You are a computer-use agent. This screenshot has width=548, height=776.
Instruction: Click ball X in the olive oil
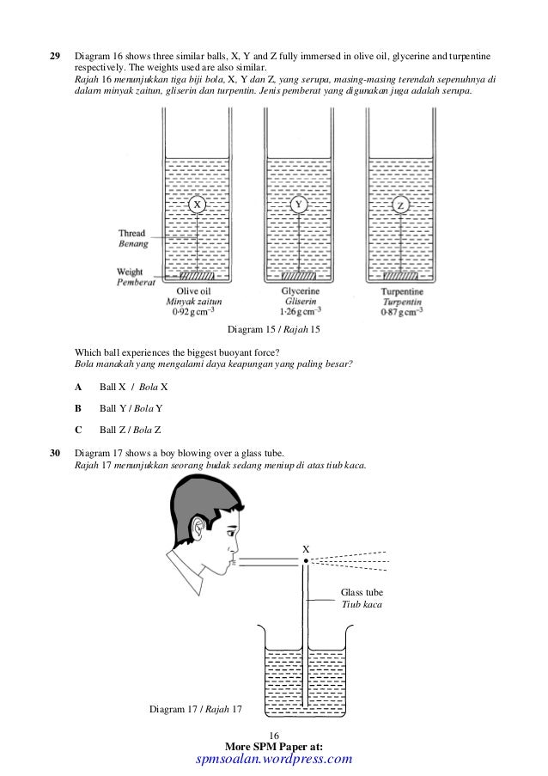pyautogui.click(x=197, y=205)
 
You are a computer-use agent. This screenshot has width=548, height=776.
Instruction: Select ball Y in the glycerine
pyautogui.click(x=298, y=205)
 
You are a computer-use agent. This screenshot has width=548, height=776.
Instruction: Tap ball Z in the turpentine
pyautogui.click(x=400, y=206)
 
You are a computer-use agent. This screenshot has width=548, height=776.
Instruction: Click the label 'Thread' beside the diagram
pyautogui.click(x=132, y=232)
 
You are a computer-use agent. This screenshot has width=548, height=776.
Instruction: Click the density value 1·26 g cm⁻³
pyautogui.click(x=300, y=313)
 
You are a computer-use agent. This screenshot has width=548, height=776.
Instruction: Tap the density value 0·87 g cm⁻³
pyautogui.click(x=401, y=313)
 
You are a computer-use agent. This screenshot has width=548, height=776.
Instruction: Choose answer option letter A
pyautogui.click(x=79, y=387)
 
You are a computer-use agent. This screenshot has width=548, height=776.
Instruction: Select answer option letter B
pyautogui.click(x=79, y=407)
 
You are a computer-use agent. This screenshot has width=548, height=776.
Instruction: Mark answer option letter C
pyautogui.click(x=79, y=428)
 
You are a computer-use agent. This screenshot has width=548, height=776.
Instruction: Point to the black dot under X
pyautogui.click(x=306, y=560)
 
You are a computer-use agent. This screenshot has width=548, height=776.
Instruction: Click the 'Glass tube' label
pyautogui.click(x=362, y=593)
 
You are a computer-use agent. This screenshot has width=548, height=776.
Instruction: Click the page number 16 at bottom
pyautogui.click(x=275, y=736)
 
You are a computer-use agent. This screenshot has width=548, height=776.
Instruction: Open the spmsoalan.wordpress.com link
pyautogui.click(x=275, y=759)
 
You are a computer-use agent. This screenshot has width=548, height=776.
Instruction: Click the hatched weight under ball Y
pyautogui.click(x=298, y=277)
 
